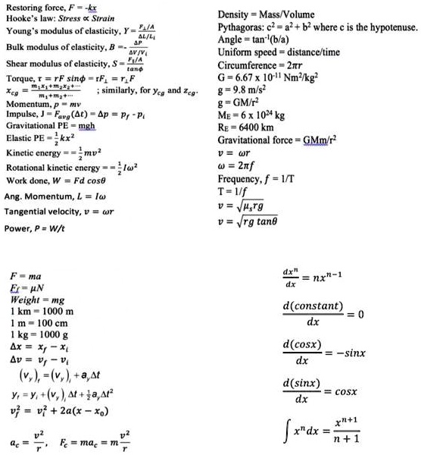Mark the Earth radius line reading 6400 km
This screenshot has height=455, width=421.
pos(245,127)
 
